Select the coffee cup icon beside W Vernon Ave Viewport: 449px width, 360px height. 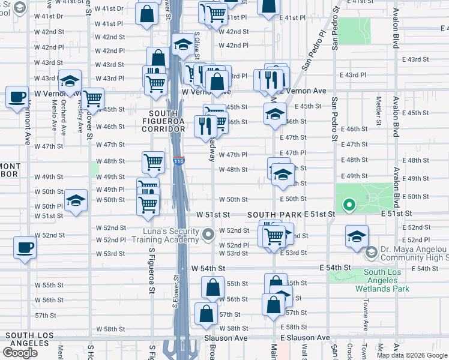[17, 96]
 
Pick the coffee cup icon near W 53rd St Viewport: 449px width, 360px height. [25, 247]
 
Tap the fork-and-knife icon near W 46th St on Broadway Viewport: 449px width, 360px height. [205, 125]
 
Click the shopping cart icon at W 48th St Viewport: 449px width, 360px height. [153, 161]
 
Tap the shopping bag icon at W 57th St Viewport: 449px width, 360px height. [206, 313]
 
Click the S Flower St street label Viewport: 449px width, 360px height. [176, 291]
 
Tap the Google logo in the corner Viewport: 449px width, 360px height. [20, 353]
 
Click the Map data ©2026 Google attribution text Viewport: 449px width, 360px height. [411, 355]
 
